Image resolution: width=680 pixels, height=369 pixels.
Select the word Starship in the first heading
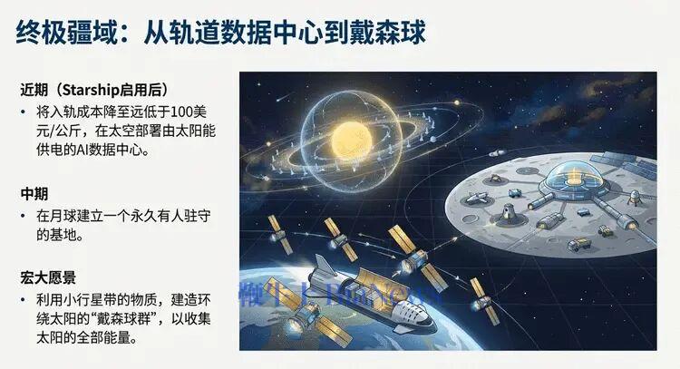pyautogui.click(x=102, y=91)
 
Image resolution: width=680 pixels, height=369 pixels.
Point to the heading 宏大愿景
pyautogui.click(x=48, y=276)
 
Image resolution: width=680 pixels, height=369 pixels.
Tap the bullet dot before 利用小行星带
pyautogui.click(x=24, y=299)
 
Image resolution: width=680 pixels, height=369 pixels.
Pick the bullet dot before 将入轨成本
pyautogui.click(x=24, y=113)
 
